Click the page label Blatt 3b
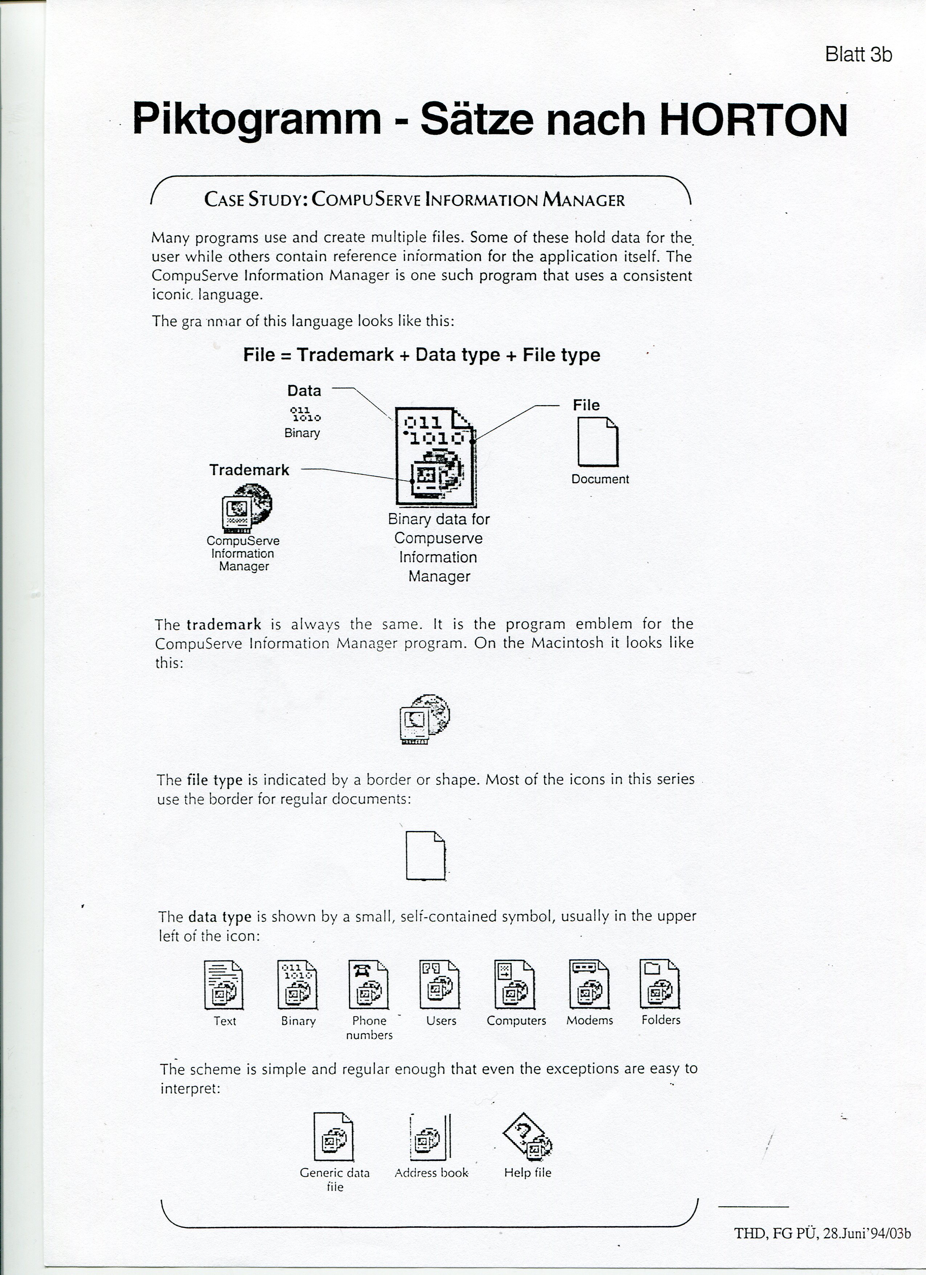click(858, 55)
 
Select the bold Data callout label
click(304, 391)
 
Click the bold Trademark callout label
click(249, 470)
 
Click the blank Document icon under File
click(598, 444)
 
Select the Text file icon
click(224, 984)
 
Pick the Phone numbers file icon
click(369, 984)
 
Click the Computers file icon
click(515, 984)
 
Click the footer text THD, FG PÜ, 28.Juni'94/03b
click(822, 1234)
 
